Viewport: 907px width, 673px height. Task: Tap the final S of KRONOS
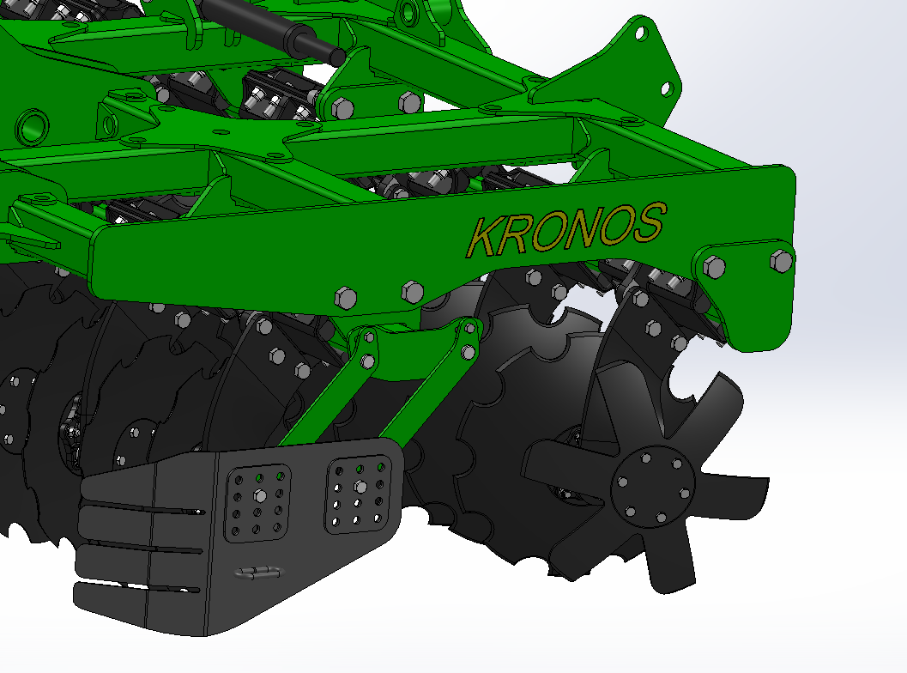649,222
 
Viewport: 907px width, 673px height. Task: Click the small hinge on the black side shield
258,573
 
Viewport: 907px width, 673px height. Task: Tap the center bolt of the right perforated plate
360,485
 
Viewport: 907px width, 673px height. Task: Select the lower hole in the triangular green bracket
666,88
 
